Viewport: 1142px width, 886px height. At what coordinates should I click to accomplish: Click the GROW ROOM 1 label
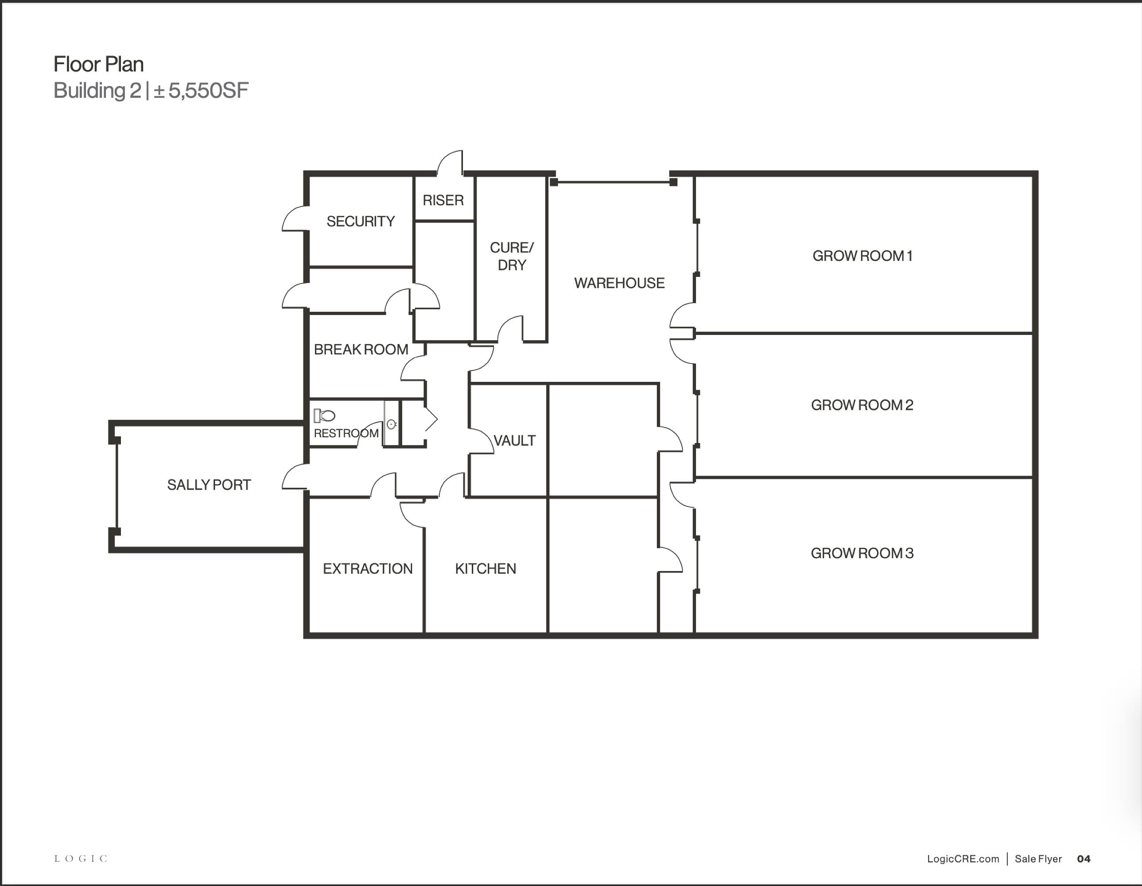pyautogui.click(x=862, y=256)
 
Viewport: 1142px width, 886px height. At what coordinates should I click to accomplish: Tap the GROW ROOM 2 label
pyautogui.click(x=862, y=405)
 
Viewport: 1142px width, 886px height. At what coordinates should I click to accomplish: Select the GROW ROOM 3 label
pyautogui.click(x=862, y=553)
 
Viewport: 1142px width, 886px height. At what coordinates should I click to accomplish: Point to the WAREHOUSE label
pyautogui.click(x=619, y=283)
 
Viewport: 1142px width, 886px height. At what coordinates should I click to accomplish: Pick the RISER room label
pyautogui.click(x=443, y=200)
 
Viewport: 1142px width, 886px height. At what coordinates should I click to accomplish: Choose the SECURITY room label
pyautogui.click(x=360, y=221)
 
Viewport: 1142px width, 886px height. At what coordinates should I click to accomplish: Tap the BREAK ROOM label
pyautogui.click(x=361, y=350)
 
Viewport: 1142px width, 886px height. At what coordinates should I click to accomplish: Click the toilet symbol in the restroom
pyautogui.click(x=324, y=416)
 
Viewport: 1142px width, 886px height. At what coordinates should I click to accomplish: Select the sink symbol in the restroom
pyautogui.click(x=391, y=424)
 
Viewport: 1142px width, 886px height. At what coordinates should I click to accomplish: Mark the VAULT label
pyautogui.click(x=515, y=440)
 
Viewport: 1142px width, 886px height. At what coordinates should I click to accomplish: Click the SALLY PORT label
pyautogui.click(x=209, y=485)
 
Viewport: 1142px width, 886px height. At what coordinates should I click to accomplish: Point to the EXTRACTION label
pyautogui.click(x=368, y=568)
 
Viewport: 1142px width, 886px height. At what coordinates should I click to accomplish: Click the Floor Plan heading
pyautogui.click(x=98, y=64)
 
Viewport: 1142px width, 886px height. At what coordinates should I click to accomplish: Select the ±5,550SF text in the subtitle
pyautogui.click(x=201, y=91)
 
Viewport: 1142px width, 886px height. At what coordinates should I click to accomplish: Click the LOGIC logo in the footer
pyautogui.click(x=81, y=858)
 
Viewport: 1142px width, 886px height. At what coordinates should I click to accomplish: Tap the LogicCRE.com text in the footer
pyautogui.click(x=963, y=859)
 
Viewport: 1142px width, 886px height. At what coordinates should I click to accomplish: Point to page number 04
pyautogui.click(x=1084, y=859)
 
